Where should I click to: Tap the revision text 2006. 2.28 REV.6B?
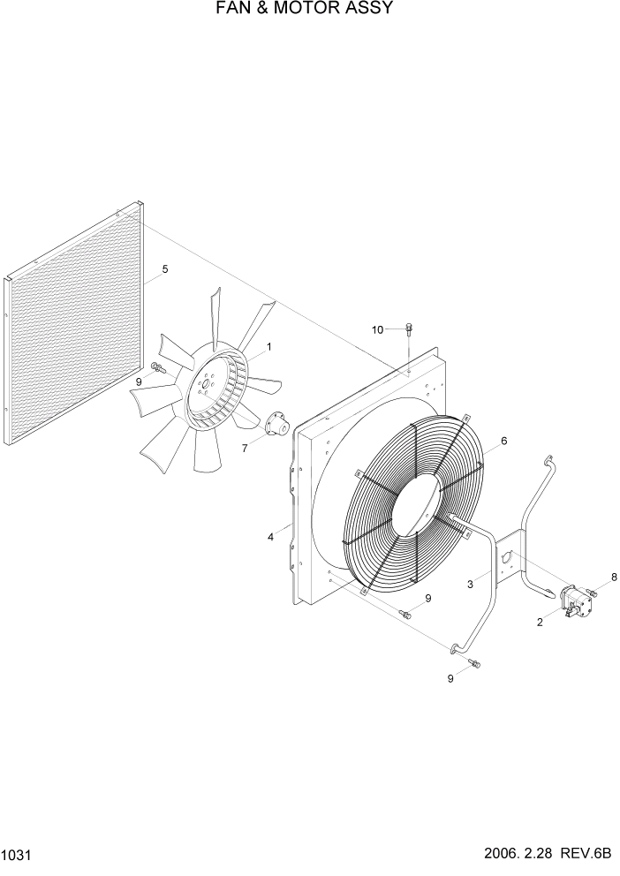coord(548,856)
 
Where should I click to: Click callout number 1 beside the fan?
coord(268,347)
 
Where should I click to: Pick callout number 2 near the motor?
coord(540,621)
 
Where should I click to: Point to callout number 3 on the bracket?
coord(472,584)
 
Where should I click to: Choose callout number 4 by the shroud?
coord(271,537)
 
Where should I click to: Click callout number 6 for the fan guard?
coord(503,441)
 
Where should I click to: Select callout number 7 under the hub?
coord(246,447)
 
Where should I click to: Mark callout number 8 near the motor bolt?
coord(615,577)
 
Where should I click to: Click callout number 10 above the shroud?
coord(377,329)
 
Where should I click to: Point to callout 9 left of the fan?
coord(139,381)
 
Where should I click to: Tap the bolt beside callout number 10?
coord(409,331)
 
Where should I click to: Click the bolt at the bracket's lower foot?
coord(475,664)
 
